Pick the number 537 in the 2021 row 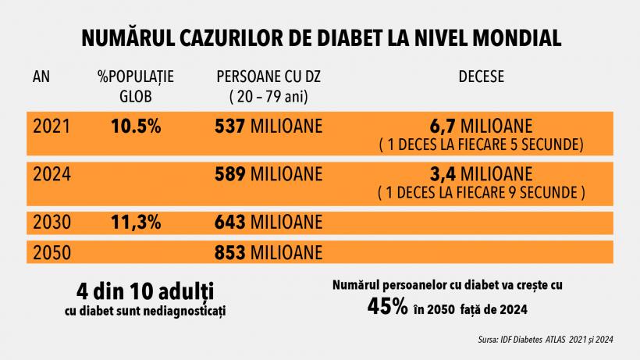(230, 127)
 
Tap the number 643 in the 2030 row (230, 222)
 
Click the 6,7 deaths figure (445, 125)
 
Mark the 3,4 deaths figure (445, 172)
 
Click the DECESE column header (481, 78)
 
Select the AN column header (42, 78)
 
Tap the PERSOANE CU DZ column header (269, 78)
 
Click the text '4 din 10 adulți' (145, 292)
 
